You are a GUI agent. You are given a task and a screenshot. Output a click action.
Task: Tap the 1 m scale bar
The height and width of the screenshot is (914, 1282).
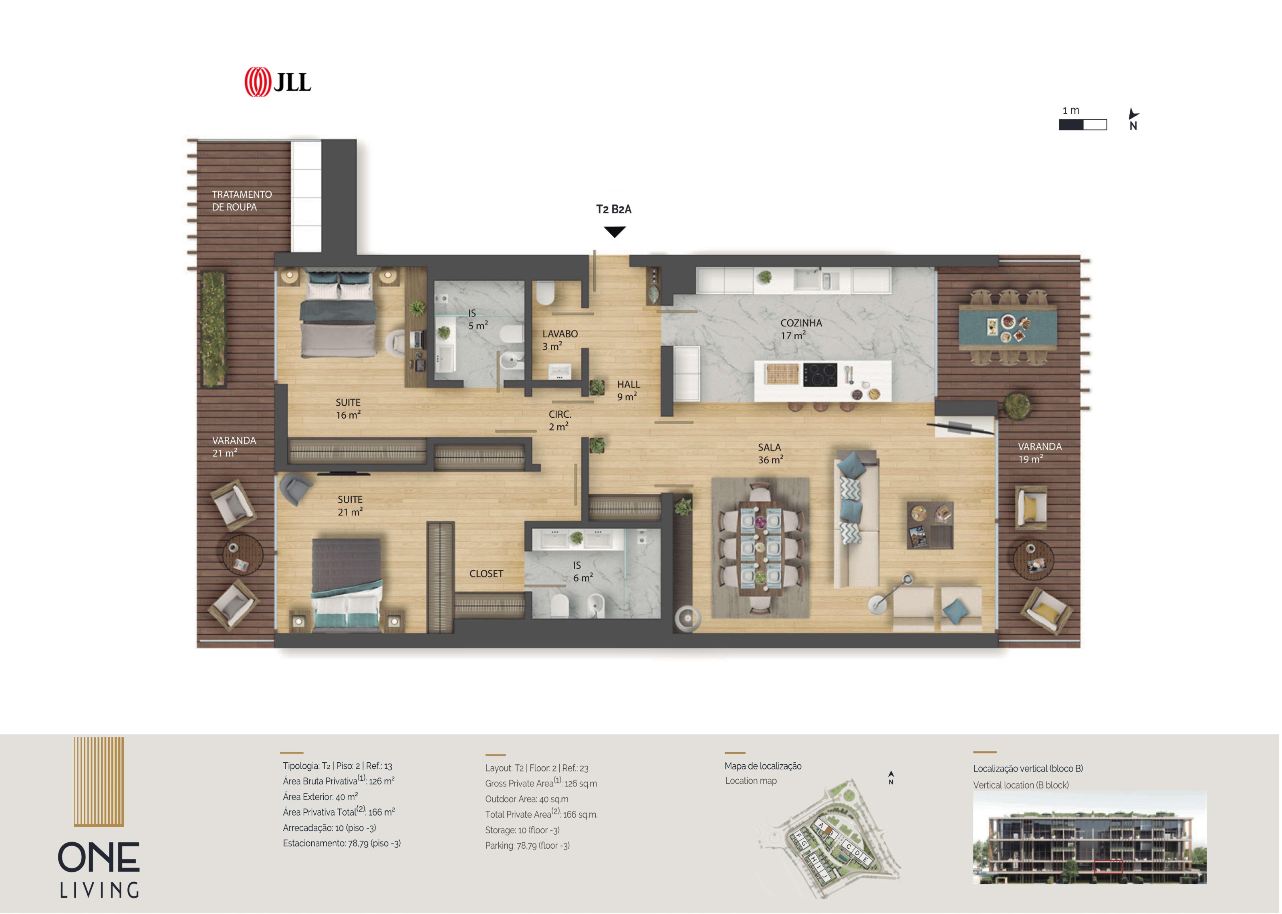tap(1082, 125)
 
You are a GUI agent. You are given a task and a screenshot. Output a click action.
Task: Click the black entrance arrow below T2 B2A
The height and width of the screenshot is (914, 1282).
tap(615, 232)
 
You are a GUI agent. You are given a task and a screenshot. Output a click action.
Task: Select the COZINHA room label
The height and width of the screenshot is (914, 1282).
tap(801, 323)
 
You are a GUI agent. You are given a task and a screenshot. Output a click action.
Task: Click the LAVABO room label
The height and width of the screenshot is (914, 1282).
tap(560, 334)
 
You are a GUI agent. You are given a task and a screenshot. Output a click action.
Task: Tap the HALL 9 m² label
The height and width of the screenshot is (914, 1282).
tap(627, 391)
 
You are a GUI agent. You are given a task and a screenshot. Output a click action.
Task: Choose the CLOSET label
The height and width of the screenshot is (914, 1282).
tap(486, 573)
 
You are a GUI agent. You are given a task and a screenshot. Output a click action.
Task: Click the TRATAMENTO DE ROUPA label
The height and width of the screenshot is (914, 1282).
tap(242, 200)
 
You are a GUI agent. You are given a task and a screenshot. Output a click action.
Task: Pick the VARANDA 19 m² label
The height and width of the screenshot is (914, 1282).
tap(1040, 453)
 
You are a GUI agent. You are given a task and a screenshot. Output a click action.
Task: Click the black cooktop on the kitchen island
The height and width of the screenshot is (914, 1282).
tap(820, 374)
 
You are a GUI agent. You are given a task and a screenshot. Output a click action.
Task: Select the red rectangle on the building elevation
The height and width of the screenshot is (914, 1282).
tap(1108, 867)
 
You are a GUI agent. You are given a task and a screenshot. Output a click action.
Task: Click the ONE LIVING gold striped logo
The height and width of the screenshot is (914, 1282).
tap(99, 781)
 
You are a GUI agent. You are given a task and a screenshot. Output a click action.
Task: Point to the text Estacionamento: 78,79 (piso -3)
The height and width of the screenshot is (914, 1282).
tap(342, 843)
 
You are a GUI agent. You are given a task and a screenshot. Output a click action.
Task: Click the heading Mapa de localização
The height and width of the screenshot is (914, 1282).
tap(763, 766)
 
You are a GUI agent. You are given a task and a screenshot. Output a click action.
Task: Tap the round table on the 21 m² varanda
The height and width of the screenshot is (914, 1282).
tap(243, 554)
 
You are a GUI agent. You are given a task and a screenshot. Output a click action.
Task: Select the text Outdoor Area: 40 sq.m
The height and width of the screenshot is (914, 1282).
tap(527, 799)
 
